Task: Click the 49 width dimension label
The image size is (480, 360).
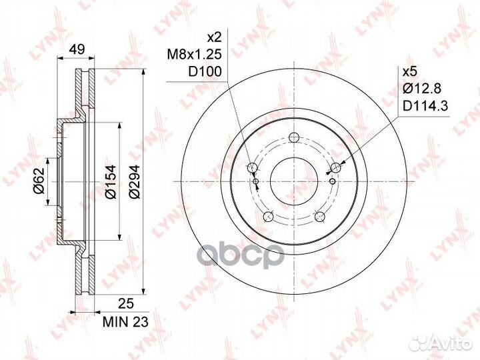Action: coord(77,49)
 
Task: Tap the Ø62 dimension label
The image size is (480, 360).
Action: coord(39,181)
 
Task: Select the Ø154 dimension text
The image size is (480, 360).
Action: coord(110,181)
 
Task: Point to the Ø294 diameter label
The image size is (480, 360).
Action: coord(134,181)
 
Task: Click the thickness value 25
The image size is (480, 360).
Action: coord(126,304)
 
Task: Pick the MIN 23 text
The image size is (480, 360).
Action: coord(125,322)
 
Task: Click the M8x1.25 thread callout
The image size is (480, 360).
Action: coord(194,55)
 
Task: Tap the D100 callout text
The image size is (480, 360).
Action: coord(205,71)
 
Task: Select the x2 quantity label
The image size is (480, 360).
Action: coord(214,37)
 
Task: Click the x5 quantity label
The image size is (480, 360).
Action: coord(410,72)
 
